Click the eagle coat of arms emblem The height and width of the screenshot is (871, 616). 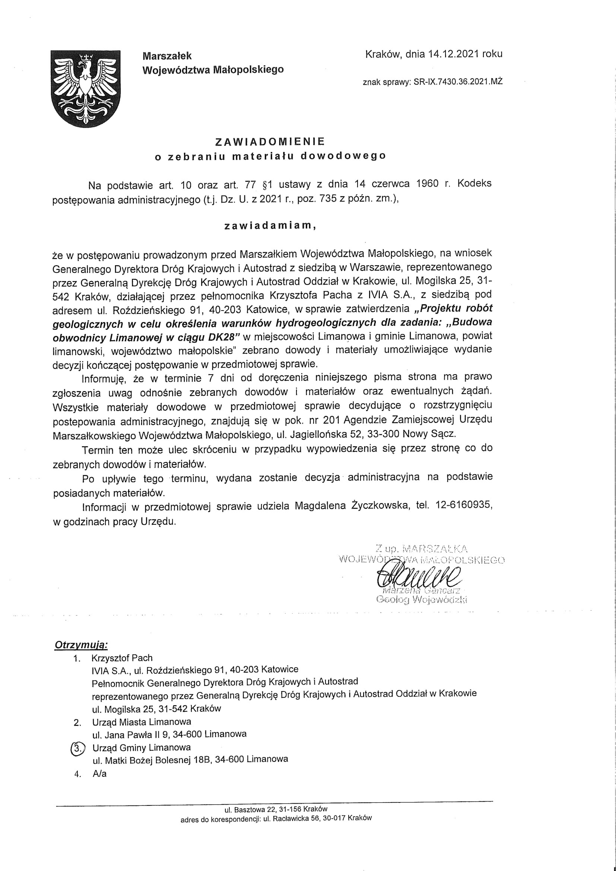86,89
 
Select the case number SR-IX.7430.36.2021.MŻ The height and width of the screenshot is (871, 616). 458,82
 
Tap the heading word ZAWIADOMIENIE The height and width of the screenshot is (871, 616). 270,142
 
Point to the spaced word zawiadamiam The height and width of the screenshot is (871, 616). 270,226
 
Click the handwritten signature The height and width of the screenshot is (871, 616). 417,576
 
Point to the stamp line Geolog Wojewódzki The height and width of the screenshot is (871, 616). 421,600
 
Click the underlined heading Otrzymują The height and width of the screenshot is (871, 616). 82,645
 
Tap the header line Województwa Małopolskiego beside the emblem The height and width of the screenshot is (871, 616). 213,70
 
